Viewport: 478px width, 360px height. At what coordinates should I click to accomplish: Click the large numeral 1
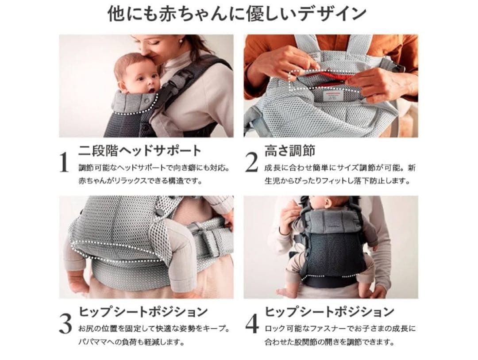(64, 162)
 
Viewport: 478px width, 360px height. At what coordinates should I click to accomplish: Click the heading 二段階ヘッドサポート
(140, 150)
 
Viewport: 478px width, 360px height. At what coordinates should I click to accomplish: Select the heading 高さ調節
(289, 150)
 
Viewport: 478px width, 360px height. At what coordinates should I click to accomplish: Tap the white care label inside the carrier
(332, 97)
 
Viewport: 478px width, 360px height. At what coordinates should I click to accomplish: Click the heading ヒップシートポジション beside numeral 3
(143, 312)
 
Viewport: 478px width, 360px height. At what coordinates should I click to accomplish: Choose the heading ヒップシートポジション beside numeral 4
(330, 312)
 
